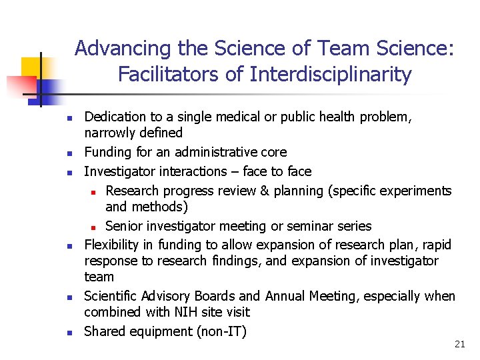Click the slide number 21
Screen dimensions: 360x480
[459, 344]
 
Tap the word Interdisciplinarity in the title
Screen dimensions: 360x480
[331, 75]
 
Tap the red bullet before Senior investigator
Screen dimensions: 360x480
[95, 227]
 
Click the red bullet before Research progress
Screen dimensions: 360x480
[95, 192]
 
